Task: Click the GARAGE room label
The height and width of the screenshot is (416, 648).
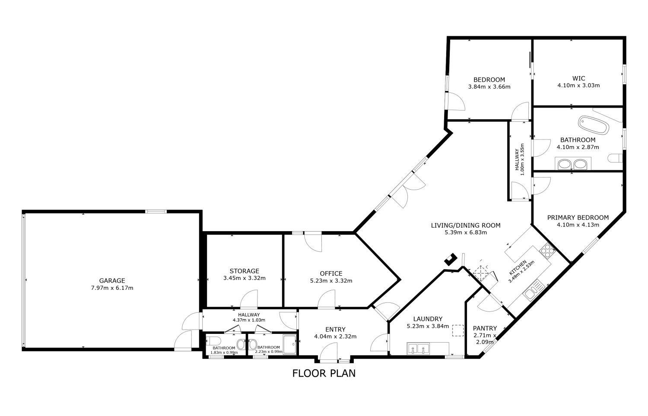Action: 112,280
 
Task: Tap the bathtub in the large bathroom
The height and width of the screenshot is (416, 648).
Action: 594,125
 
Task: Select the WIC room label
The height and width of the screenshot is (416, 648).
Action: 578,78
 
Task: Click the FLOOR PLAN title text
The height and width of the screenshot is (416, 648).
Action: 324,373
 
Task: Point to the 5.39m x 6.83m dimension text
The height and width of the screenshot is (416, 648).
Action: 466,232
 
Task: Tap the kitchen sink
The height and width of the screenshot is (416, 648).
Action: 534,290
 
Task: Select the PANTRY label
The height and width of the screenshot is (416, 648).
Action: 485,328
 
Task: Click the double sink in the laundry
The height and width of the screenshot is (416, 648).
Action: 418,349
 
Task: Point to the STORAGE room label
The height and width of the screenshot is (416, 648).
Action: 245,271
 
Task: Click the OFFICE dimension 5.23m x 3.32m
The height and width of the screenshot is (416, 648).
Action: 331,281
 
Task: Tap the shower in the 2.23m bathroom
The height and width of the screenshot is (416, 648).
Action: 289,344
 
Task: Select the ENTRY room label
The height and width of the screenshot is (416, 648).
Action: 335,329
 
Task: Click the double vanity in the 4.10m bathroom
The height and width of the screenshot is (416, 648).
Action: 573,164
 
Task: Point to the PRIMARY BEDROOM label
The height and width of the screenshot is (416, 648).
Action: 578,217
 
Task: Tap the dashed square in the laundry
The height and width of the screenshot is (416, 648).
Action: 457,330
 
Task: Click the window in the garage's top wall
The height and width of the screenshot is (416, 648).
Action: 156,212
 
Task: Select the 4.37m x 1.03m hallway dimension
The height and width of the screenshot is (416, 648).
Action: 249,320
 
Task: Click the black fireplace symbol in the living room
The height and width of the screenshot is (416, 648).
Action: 451,259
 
